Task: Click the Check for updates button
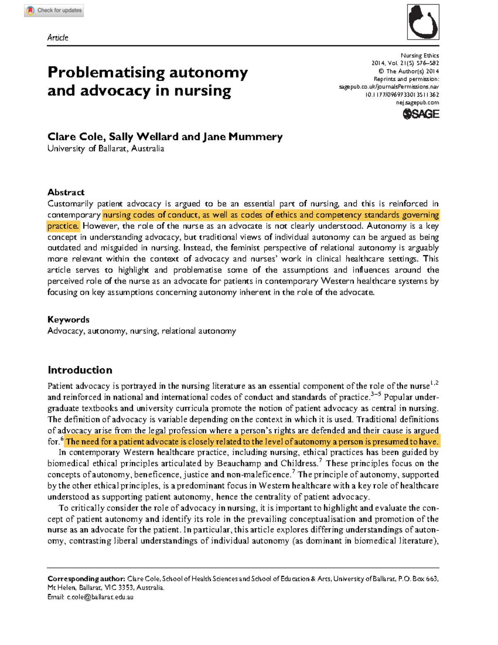(x=54, y=10)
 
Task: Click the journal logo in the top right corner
(x=423, y=22)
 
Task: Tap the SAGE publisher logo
(x=421, y=114)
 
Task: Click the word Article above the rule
(x=58, y=37)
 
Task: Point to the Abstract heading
(x=66, y=192)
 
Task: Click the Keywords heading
(x=68, y=319)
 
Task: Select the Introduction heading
(x=80, y=370)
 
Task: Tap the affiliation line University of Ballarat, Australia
(x=105, y=149)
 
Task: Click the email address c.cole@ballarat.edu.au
(x=100, y=597)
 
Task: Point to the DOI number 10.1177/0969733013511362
(x=402, y=95)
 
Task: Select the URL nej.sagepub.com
(x=417, y=103)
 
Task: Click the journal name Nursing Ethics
(x=420, y=55)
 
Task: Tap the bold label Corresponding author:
(x=86, y=579)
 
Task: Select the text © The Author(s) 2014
(x=408, y=71)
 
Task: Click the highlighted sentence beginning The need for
(x=251, y=441)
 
